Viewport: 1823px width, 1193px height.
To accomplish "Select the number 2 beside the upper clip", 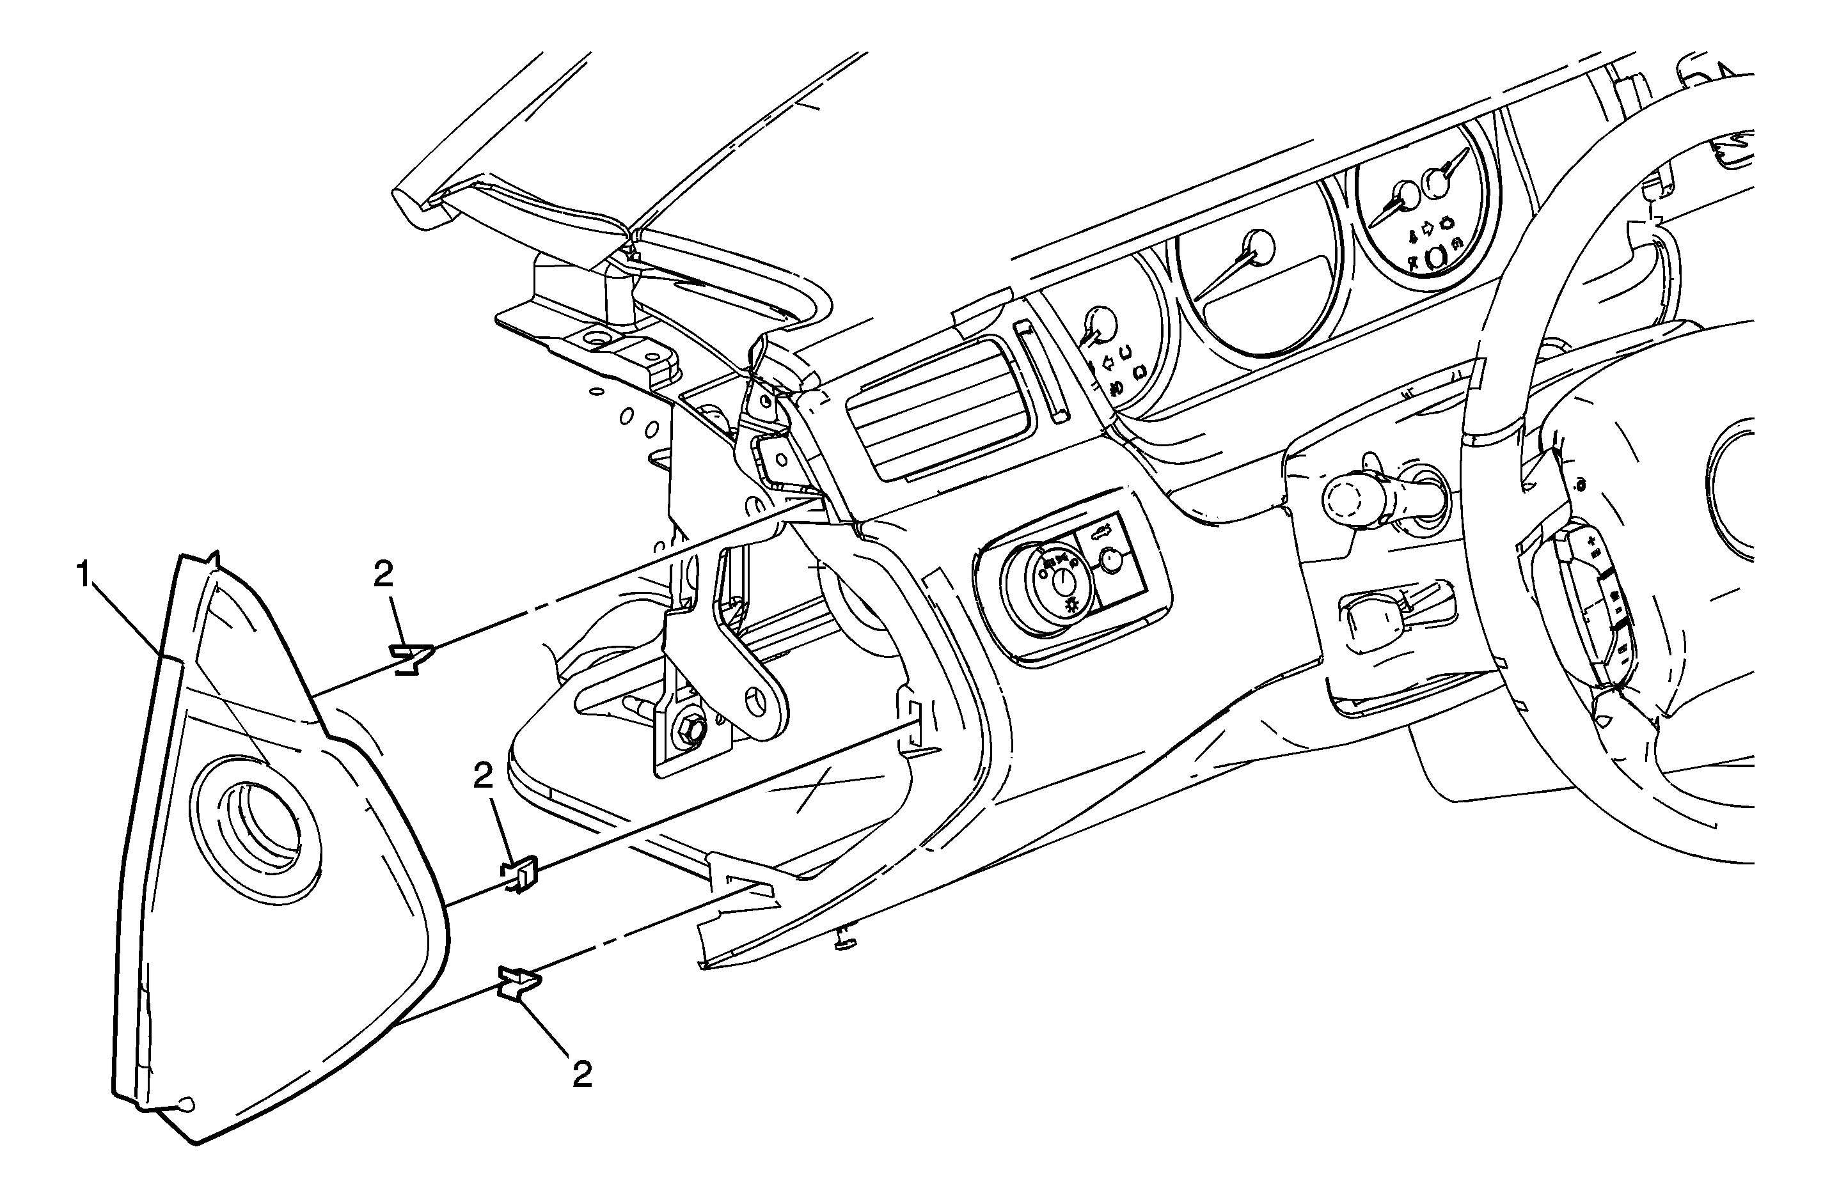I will (x=383, y=573).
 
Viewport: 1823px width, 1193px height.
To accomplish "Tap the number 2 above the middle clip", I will (x=484, y=777).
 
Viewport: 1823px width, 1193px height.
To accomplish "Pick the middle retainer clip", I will (x=521, y=874).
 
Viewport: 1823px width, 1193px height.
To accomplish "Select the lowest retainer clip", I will (x=519, y=983).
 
